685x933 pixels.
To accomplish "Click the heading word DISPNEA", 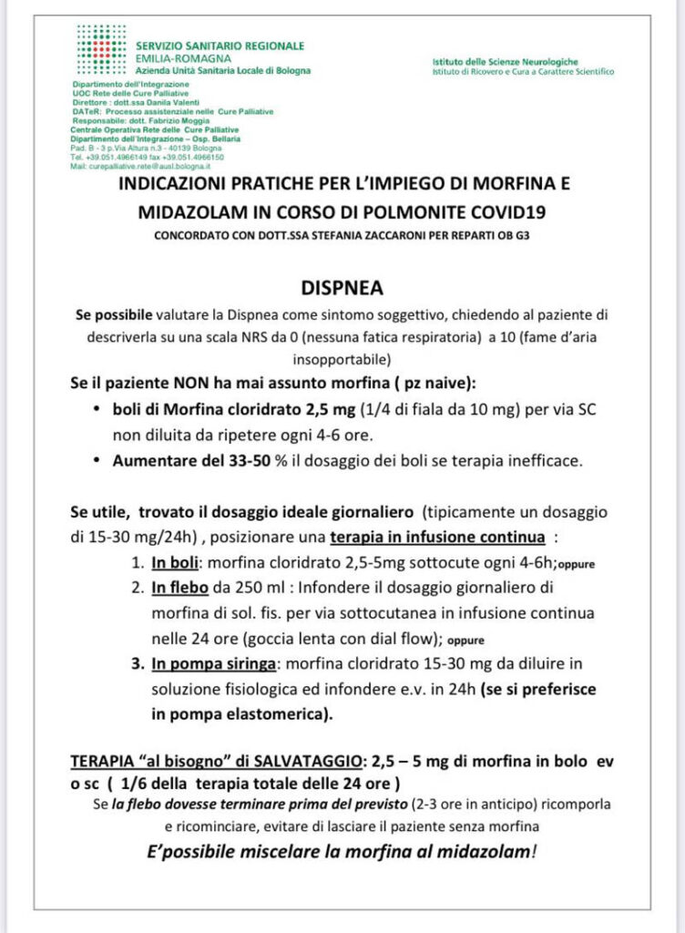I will pyautogui.click(x=342, y=288).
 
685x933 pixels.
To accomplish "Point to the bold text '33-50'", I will pyautogui.click(x=226, y=460).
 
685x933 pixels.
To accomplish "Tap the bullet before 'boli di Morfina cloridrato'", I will pyautogui.click(x=97, y=410).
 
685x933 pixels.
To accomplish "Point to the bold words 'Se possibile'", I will pyautogui.click(x=112, y=314).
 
